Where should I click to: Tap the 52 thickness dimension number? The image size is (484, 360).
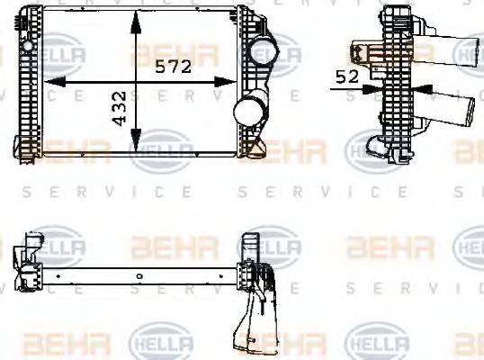click(x=347, y=77)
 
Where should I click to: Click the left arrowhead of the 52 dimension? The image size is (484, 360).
click(x=377, y=87)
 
